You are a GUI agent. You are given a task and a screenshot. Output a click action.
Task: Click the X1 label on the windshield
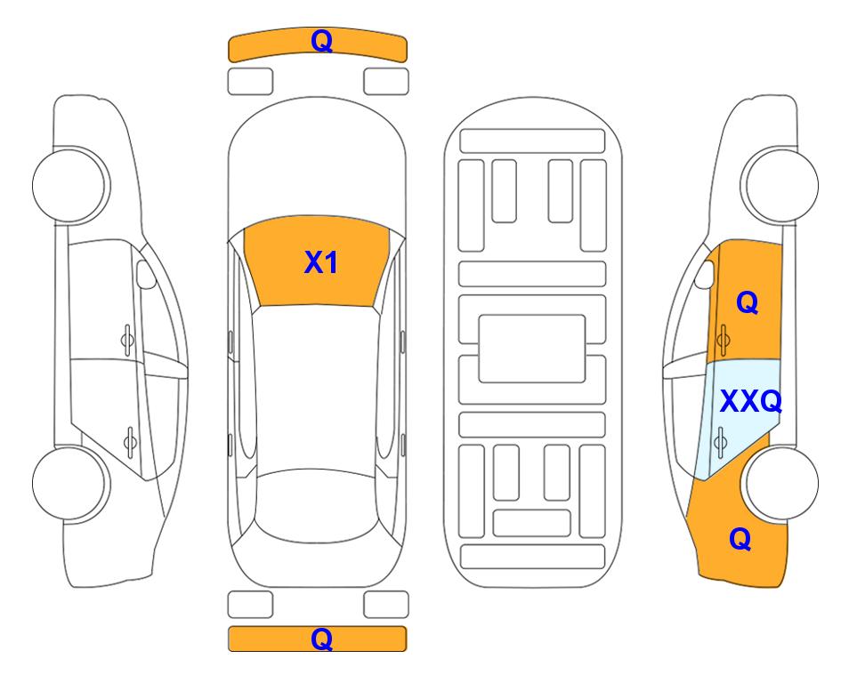pyautogui.click(x=321, y=262)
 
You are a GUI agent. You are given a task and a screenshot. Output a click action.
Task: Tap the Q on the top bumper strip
pyautogui.click(x=321, y=41)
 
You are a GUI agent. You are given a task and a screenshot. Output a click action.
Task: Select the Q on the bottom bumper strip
pyautogui.click(x=321, y=639)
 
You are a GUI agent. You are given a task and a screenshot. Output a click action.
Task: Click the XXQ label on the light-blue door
pyautogui.click(x=751, y=401)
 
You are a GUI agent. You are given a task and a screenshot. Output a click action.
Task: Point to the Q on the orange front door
pyautogui.click(x=748, y=302)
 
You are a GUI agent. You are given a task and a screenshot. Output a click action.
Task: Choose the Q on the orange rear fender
pyautogui.click(x=740, y=539)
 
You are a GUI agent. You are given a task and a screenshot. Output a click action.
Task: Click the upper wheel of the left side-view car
pyautogui.click(x=69, y=185)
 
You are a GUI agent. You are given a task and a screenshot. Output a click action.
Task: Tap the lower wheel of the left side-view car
pyautogui.click(x=69, y=483)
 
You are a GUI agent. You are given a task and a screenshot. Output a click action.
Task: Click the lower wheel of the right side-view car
pyautogui.click(x=781, y=483)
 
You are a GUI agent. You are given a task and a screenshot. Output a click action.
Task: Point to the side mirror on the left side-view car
pyautogui.click(x=145, y=274)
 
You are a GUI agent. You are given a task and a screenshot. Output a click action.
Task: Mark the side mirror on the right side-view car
pyautogui.click(x=705, y=274)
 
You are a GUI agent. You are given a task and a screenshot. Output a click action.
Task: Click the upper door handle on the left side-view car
pyautogui.click(x=127, y=340)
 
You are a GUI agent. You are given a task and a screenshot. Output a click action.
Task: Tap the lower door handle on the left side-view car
pyautogui.click(x=130, y=441)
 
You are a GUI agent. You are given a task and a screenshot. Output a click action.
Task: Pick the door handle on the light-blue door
pyautogui.click(x=720, y=441)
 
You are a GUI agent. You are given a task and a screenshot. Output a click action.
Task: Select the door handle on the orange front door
pyautogui.click(x=724, y=340)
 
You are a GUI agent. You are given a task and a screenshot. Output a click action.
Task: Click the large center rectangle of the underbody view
pyautogui.click(x=532, y=349)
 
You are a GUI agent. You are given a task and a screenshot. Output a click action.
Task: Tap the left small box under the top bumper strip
pyautogui.click(x=250, y=82)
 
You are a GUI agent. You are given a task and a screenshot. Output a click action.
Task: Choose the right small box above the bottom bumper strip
pyautogui.click(x=386, y=605)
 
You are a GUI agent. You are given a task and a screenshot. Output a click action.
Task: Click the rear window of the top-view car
pyautogui.click(x=317, y=505)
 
